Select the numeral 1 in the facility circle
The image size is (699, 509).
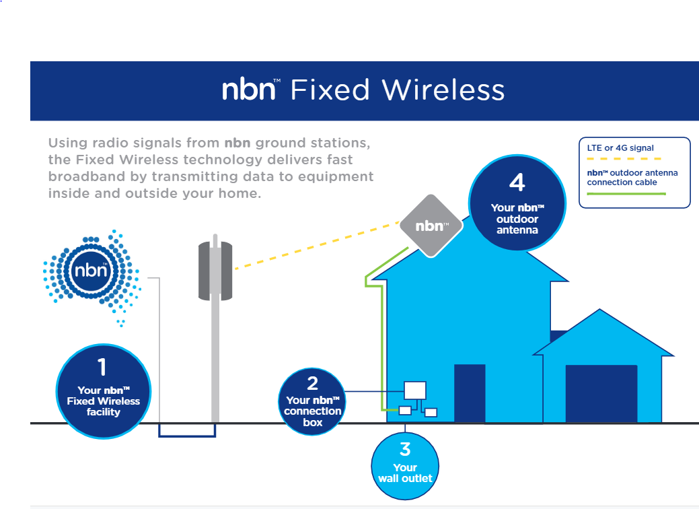tap(102, 367)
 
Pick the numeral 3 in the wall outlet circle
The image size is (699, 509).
tap(405, 448)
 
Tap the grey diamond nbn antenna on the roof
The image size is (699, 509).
tap(431, 226)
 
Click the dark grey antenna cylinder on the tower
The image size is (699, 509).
tap(215, 271)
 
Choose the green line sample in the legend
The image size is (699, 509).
tap(626, 193)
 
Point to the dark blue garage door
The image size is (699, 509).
tap(601, 394)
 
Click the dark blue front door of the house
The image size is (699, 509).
tap(470, 393)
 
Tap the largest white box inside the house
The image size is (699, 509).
tap(415, 391)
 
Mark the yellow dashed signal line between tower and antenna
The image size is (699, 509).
tap(316, 244)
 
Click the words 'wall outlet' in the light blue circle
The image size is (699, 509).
tap(405, 479)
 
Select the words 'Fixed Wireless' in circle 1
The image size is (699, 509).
tap(103, 401)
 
